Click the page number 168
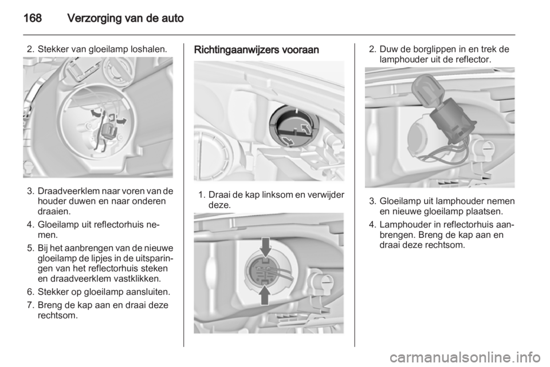tap(33, 18)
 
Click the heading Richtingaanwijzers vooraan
tap(257, 50)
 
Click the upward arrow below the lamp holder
tap(265, 296)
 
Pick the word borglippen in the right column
tap(429, 49)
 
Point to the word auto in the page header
tap(173, 18)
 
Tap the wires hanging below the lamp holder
tap(450, 150)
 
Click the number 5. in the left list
tap(30, 248)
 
